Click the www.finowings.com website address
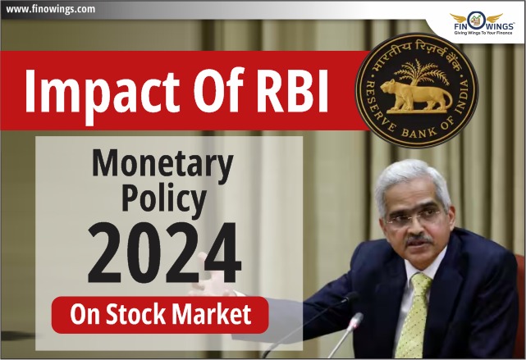51,9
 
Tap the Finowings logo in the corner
476,24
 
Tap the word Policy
163,200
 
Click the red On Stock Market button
160,315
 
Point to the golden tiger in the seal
416,95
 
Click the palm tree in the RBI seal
419,71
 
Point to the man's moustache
419,240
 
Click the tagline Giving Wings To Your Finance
483,33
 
